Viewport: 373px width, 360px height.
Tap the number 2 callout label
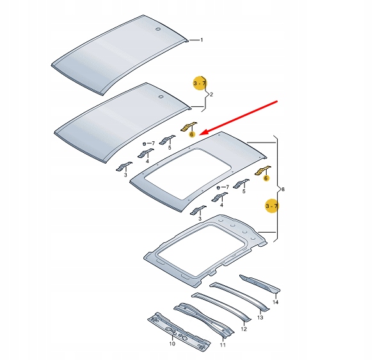tap(211, 95)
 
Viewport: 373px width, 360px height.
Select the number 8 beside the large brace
tap(284, 189)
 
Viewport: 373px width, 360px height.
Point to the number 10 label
tap(171, 343)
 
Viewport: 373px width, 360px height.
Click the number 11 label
tap(222, 345)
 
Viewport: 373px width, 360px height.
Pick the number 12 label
tap(244, 329)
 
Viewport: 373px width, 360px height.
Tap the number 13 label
tap(260, 317)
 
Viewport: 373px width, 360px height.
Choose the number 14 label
tap(276, 301)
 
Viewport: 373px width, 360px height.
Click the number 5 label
tap(170, 148)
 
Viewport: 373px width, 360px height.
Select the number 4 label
tap(221, 206)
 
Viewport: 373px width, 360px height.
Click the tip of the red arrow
tap(201, 132)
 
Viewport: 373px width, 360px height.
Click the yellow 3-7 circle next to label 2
tap(200, 83)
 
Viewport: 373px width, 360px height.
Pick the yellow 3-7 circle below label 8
tap(272, 205)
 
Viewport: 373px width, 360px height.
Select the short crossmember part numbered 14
tap(258, 285)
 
